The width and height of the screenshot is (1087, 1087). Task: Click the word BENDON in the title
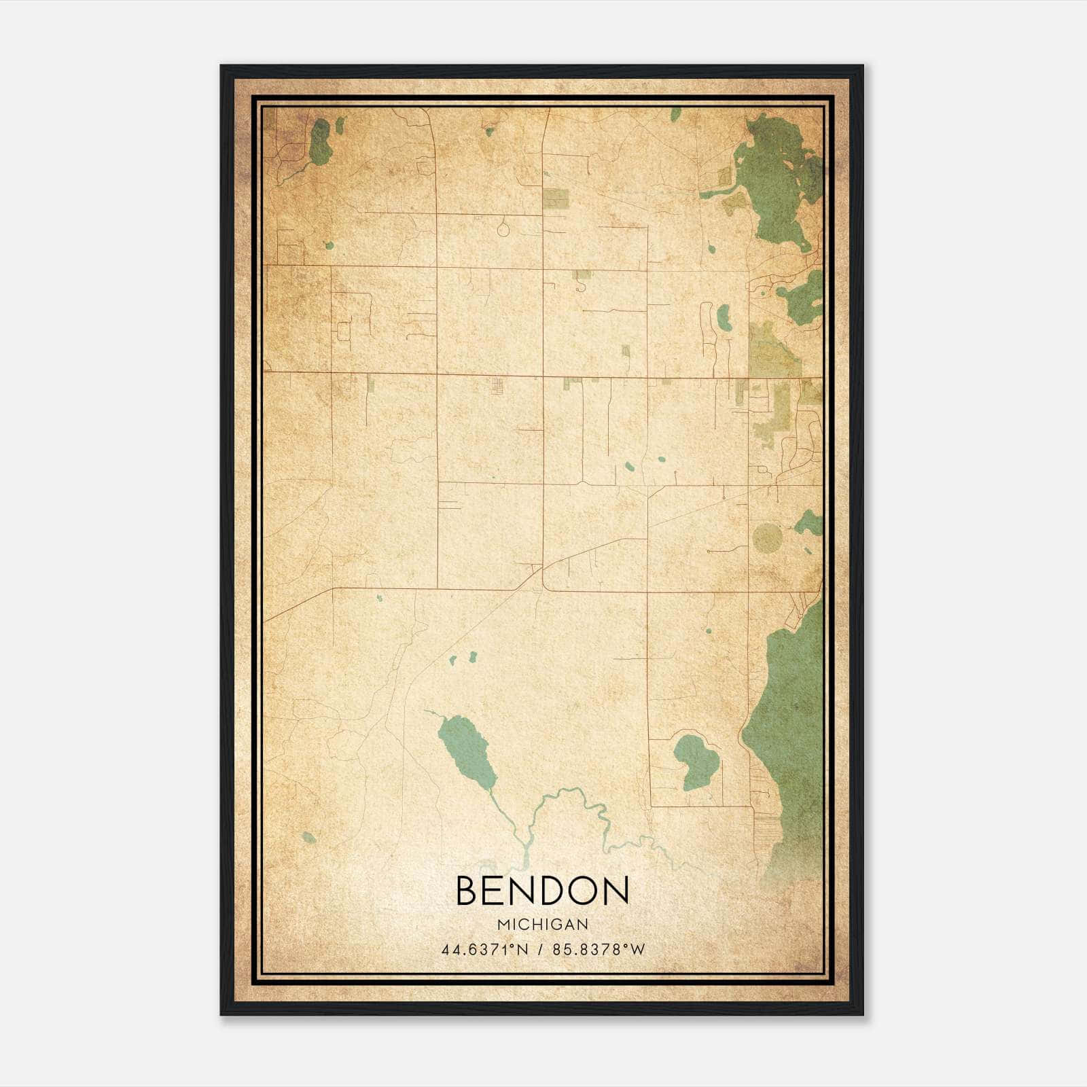(x=542, y=891)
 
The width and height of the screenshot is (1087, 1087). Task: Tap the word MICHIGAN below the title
(x=542, y=924)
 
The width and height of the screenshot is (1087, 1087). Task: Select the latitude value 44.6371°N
(x=484, y=950)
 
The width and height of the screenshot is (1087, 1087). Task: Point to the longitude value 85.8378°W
(x=599, y=950)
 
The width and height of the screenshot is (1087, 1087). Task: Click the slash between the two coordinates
(x=540, y=950)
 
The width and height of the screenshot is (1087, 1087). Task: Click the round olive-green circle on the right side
(x=767, y=537)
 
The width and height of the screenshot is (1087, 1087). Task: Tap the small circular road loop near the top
(x=503, y=229)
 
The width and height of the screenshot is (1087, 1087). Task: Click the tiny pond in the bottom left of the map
(x=309, y=838)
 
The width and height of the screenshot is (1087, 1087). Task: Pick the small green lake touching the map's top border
(x=675, y=114)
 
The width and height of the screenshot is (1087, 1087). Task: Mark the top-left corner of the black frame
(x=221, y=67)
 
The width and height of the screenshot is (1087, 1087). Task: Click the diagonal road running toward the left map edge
(x=299, y=605)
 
